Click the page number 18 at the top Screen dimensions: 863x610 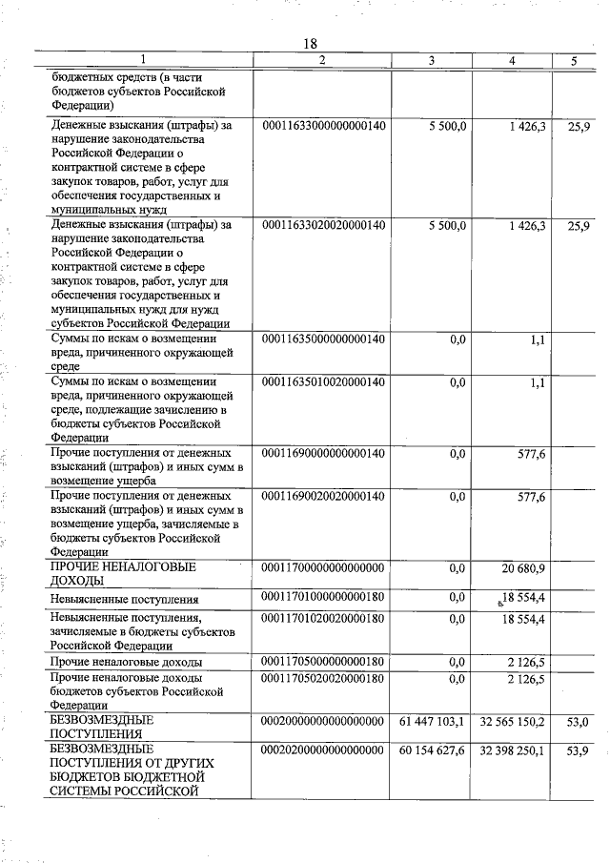[309, 43]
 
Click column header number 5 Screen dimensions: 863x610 [574, 61]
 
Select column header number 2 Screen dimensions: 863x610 [322, 61]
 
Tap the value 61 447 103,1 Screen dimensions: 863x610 [428, 722]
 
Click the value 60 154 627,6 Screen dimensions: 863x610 [428, 751]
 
